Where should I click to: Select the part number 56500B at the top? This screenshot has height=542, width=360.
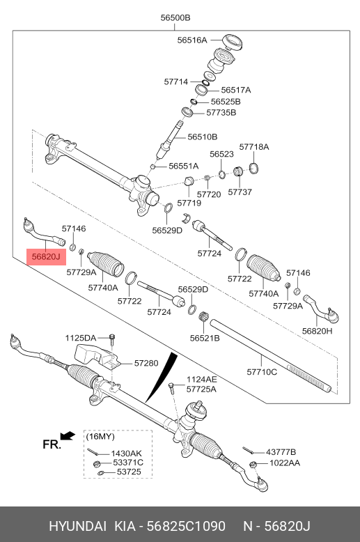175,17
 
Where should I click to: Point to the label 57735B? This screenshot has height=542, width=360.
221,112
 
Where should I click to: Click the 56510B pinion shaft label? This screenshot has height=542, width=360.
202,137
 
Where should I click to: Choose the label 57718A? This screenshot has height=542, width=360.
253,147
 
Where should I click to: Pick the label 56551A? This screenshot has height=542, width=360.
183,166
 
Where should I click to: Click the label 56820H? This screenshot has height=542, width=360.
317,331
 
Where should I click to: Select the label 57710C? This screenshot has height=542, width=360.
262,373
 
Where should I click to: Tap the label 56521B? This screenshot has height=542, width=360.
204,338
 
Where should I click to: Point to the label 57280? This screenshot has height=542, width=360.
146,363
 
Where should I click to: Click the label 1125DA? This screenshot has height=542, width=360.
81,338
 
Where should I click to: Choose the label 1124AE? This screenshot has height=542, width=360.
201,380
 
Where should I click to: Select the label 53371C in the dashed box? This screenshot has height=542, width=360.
127,463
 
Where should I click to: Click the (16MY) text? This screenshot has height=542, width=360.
101,436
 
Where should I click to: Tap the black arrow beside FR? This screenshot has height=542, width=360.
67,436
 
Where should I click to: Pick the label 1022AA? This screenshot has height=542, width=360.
285,463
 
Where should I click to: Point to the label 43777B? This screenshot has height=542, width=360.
282,451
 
